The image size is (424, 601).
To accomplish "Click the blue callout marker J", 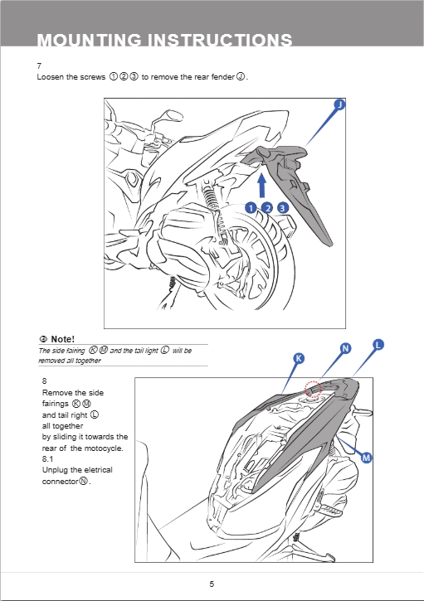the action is click(x=339, y=104).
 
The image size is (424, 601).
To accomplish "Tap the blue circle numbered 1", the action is click(x=251, y=208).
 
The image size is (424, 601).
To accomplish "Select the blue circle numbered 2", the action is click(x=267, y=208).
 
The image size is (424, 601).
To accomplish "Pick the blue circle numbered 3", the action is click(x=283, y=208).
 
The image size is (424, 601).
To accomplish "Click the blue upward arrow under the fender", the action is click(x=261, y=186).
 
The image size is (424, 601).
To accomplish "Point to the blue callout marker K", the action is click(x=299, y=358).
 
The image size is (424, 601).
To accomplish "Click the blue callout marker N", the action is click(x=346, y=348).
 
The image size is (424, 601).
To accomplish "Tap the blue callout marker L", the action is click(x=378, y=345).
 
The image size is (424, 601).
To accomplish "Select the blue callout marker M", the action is click(x=367, y=458).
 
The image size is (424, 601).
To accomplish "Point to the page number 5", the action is click(x=212, y=584).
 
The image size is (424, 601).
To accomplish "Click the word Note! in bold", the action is click(x=62, y=339).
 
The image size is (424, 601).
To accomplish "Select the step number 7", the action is click(x=39, y=66).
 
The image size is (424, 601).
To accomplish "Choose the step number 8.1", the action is click(x=47, y=458).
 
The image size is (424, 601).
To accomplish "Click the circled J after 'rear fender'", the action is click(x=241, y=76).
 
